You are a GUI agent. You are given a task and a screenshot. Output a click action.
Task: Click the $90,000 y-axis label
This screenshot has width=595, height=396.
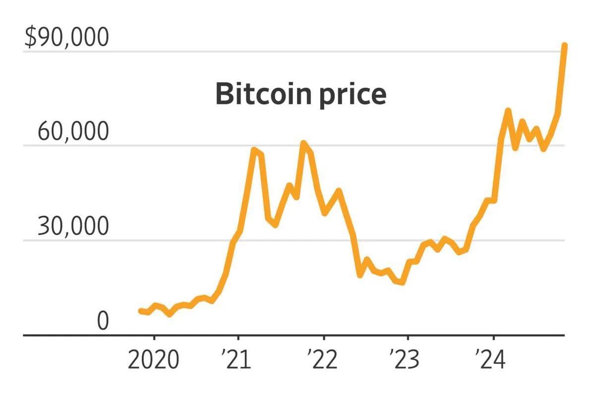[66, 38]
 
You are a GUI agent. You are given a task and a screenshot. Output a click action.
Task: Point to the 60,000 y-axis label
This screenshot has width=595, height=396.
[72, 132]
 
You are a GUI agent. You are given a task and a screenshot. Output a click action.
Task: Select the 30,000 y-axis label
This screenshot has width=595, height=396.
[72, 227]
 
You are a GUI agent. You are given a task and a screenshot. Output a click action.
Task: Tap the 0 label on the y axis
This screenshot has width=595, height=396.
[103, 321]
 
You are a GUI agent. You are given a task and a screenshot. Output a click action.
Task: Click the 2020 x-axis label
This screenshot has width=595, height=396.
[154, 360]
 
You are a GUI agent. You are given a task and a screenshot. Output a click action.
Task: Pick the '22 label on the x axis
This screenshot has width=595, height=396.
[323, 360]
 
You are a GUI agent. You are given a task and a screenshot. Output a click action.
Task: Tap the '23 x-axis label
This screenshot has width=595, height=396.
[405, 360]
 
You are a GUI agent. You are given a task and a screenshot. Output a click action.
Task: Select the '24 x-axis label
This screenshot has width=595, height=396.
[490, 360]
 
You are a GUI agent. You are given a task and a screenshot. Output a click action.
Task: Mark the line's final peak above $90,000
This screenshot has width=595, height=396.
[564, 46]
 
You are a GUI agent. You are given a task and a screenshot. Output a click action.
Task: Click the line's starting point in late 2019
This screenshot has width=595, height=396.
[140, 311]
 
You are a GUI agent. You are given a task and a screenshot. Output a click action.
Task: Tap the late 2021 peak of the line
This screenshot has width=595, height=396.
[303, 143]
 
